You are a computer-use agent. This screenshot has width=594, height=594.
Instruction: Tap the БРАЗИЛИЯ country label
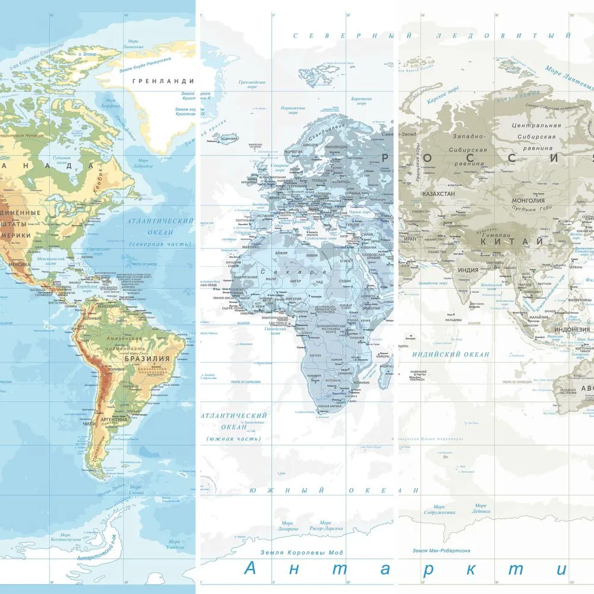pos(147,359)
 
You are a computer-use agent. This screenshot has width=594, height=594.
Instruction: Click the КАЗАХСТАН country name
pos(438,194)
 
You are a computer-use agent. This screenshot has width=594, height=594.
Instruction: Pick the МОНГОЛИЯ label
pos(528,201)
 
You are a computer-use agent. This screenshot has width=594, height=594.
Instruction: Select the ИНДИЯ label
pos(468,270)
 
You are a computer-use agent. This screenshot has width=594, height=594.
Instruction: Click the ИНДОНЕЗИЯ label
pos(571,329)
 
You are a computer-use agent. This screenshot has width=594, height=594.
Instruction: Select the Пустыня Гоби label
pos(528,210)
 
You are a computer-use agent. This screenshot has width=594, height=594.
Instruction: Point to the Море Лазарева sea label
pos(286,526)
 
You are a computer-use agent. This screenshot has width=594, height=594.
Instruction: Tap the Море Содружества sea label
pos(440,509)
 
